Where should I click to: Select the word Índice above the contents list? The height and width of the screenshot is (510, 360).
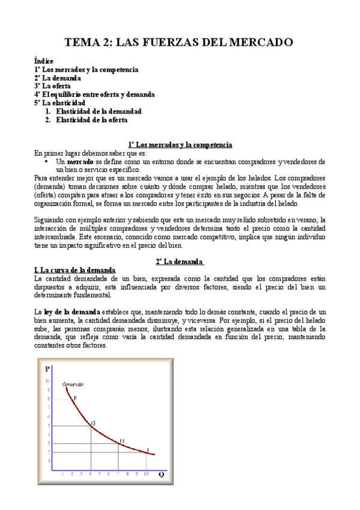pos(44,62)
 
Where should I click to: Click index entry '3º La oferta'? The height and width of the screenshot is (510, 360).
pos(52,86)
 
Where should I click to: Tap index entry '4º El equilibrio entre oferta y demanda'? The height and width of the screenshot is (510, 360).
pos(94,94)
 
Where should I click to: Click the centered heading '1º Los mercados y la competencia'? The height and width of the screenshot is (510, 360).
pos(180,145)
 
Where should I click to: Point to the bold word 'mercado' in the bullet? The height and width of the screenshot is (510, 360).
pos(80,162)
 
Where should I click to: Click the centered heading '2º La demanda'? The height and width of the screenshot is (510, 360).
pos(180,262)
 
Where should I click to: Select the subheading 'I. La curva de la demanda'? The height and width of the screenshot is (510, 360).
pos(75,271)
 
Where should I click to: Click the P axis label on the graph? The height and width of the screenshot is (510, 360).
pos(47,368)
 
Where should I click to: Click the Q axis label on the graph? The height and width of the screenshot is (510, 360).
pos(161,474)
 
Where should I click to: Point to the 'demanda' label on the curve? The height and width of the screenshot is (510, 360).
pos(73,383)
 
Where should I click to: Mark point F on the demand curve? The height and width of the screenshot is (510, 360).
pos(75,398)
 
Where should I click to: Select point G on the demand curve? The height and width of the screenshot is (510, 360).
pos(93,423)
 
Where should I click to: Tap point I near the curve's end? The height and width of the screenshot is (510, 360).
pos(148,449)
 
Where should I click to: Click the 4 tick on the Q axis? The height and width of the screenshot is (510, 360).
pos(91,474)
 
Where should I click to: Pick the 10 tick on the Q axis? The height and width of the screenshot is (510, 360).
pos(146,474)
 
